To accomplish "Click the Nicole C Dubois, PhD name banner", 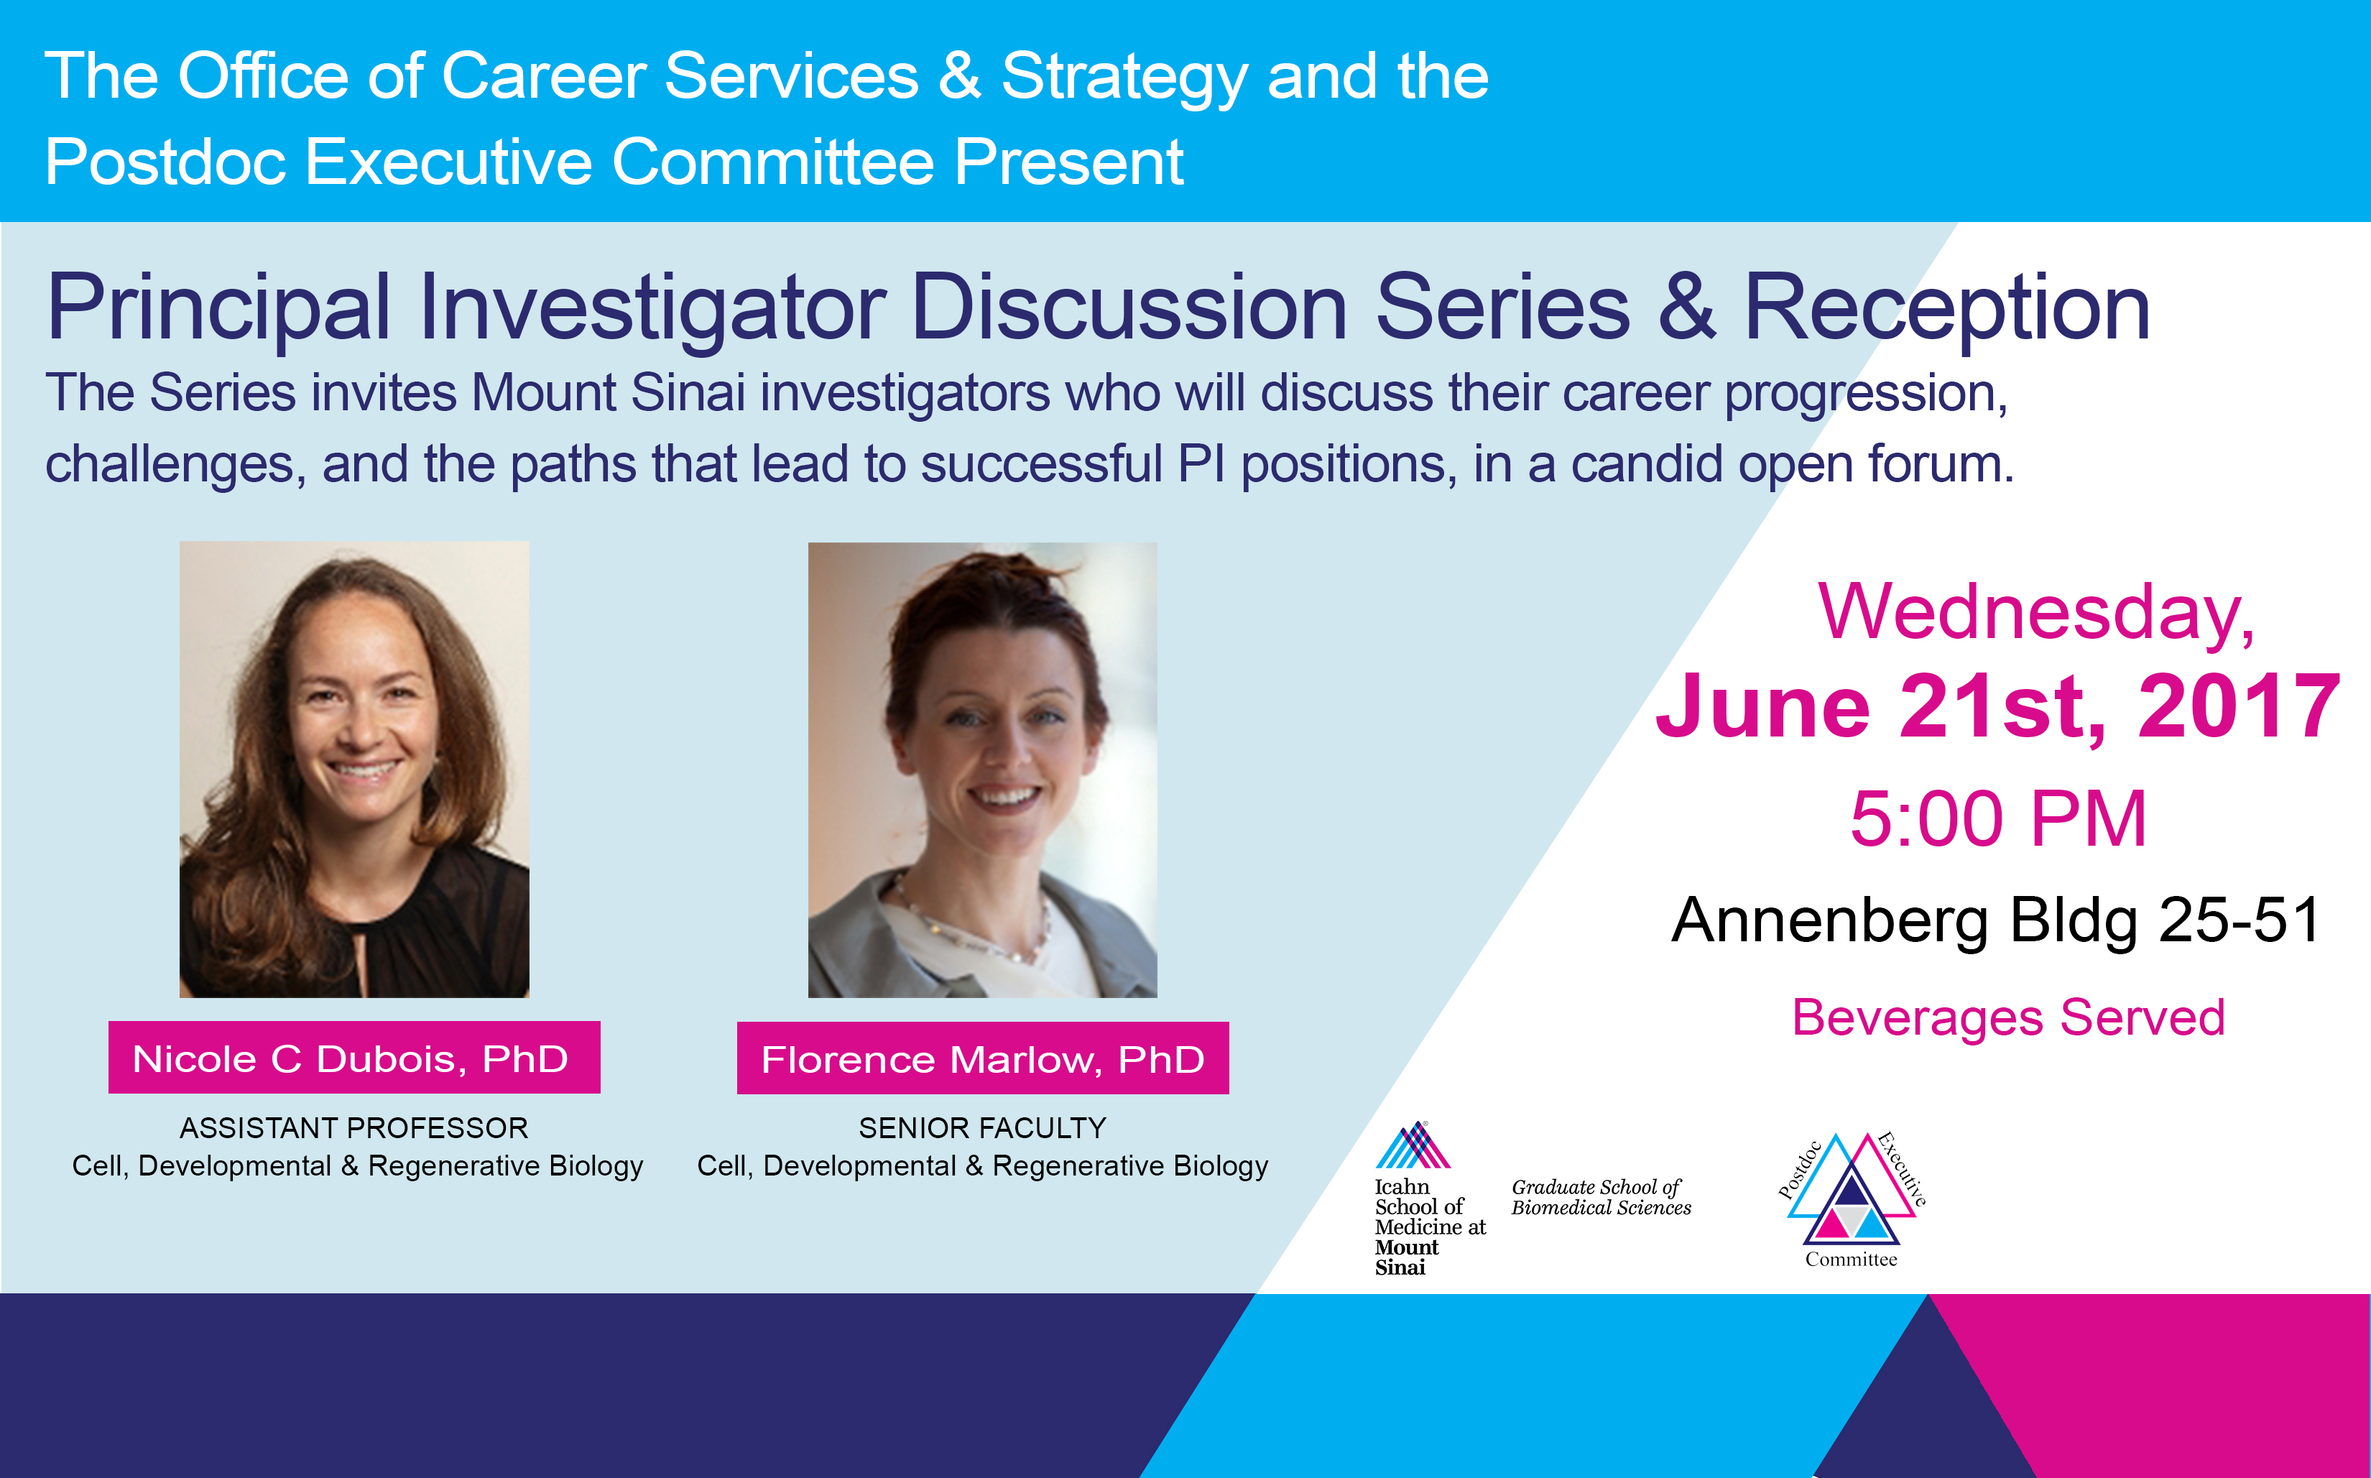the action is (353, 1058).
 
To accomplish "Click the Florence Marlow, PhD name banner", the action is (982, 1058).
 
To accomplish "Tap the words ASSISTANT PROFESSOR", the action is (353, 1128).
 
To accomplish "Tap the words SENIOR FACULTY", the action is (982, 1128).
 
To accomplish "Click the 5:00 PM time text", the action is (1999, 819).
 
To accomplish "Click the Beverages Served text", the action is (2008, 1017).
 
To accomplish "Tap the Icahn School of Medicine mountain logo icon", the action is (1413, 1145).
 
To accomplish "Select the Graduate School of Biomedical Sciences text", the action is (1601, 1198).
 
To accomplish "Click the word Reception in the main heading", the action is (1947, 308).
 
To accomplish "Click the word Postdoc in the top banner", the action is (165, 161).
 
